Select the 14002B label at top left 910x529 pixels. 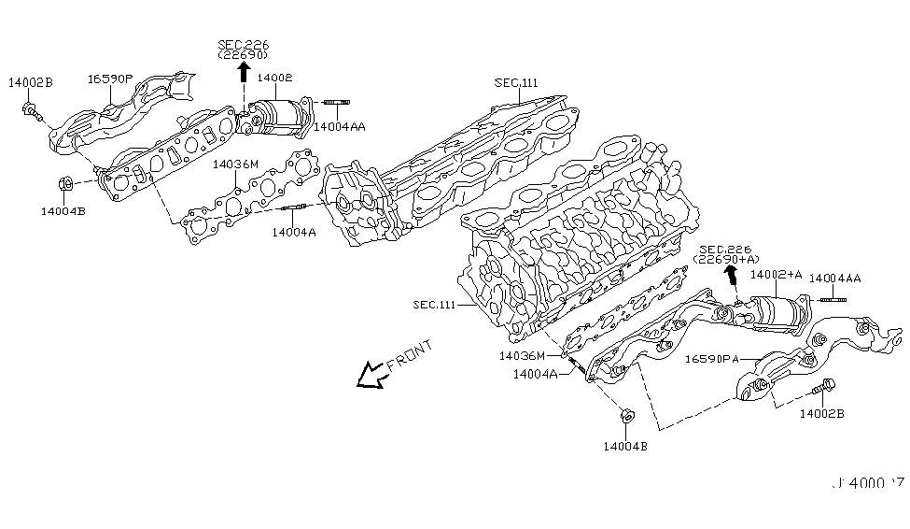coord(31,83)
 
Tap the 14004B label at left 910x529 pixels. coord(63,211)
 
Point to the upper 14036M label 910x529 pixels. coord(234,164)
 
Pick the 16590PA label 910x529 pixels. coord(713,358)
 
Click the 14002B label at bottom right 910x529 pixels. coord(820,413)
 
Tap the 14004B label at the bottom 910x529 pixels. coord(625,445)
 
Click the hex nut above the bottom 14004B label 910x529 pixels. coord(626,415)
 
